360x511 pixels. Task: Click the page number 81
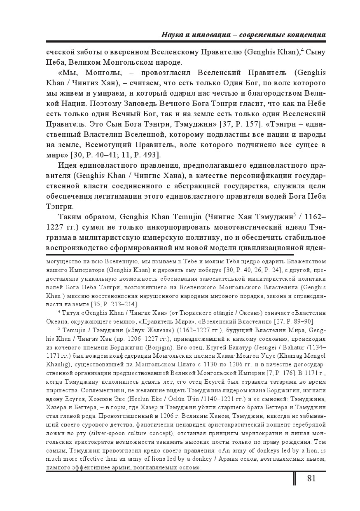pos(311,478)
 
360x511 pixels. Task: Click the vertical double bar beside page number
pos(295,478)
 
